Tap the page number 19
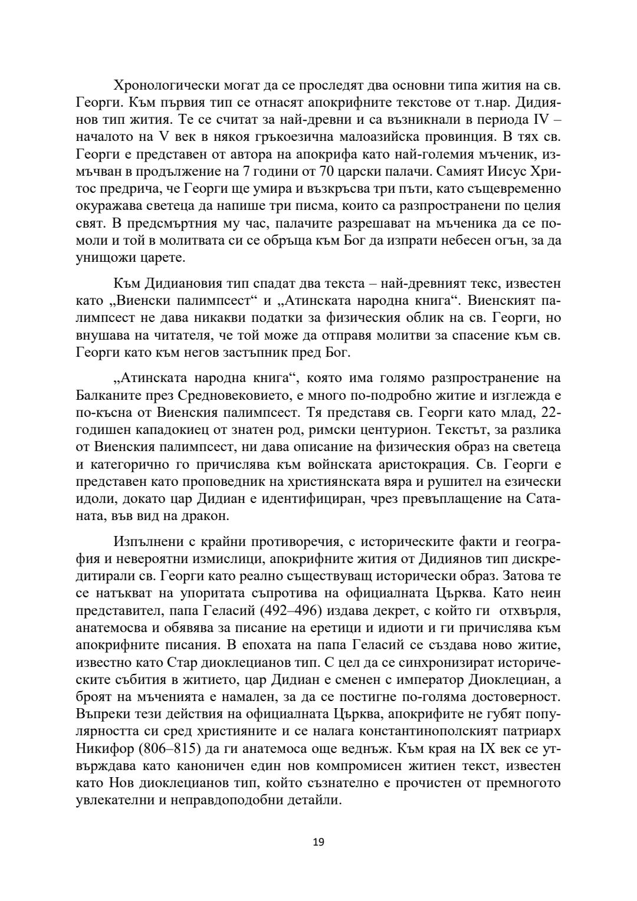coord(318,841)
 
